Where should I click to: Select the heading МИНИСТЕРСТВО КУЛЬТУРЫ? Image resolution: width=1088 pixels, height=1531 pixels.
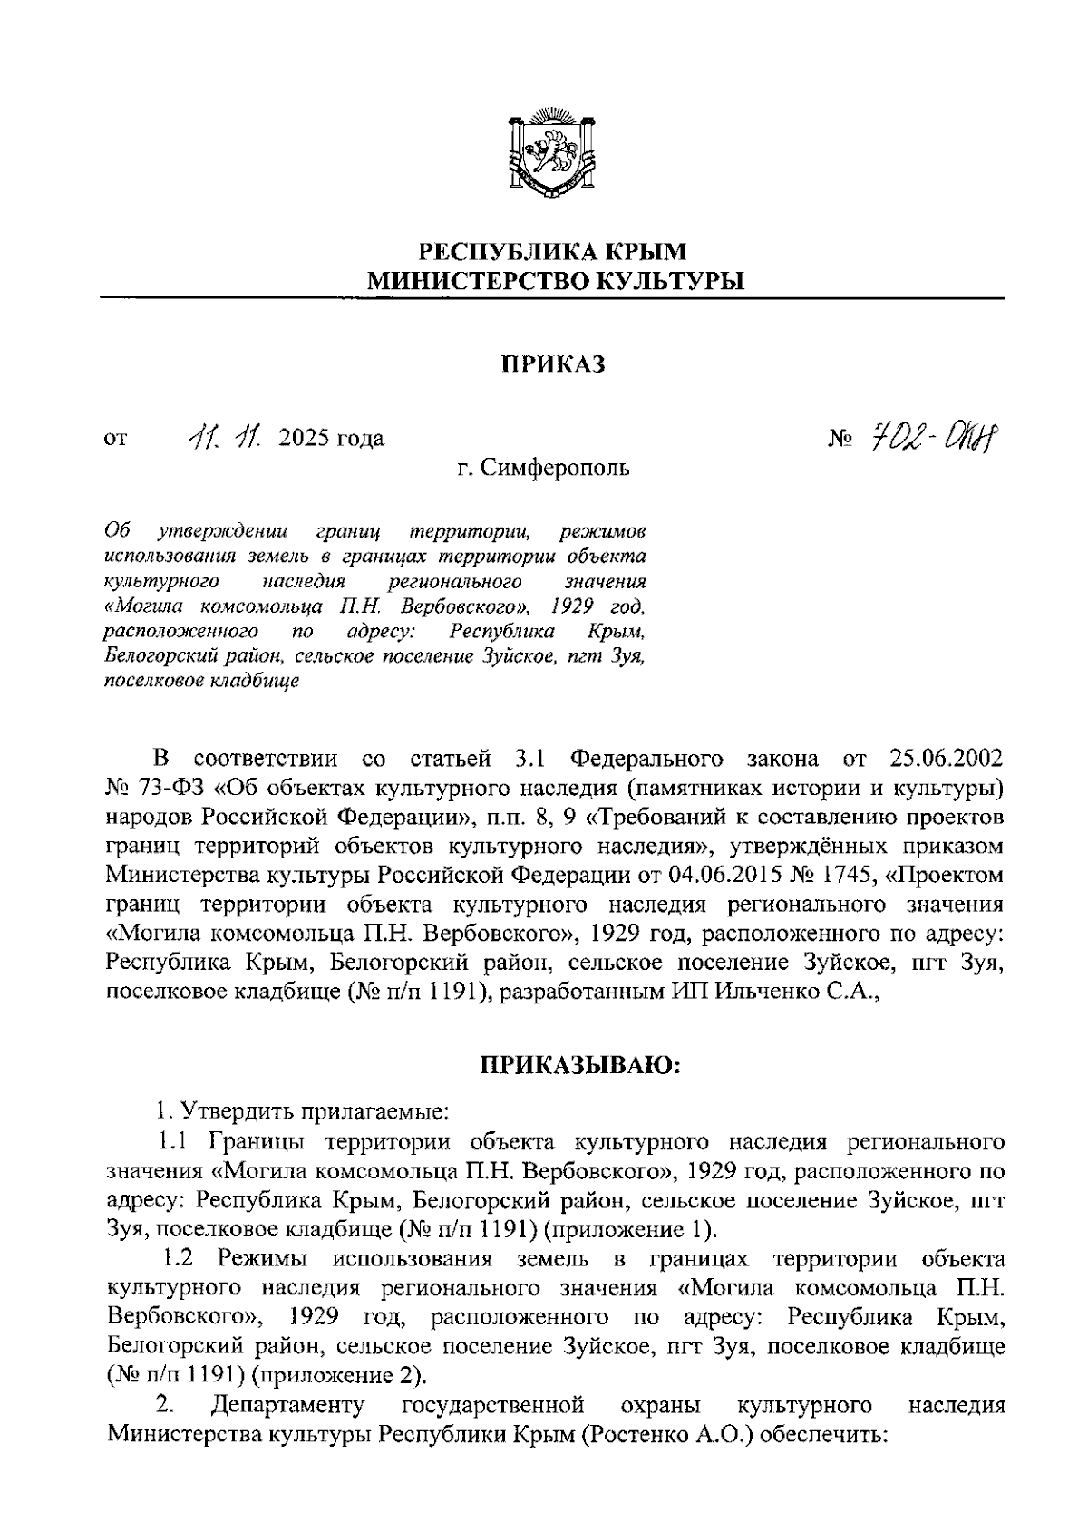click(553, 281)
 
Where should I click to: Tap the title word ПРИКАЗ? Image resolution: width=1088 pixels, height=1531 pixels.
click(552, 364)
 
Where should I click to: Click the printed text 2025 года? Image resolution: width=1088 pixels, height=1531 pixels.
click(332, 440)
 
